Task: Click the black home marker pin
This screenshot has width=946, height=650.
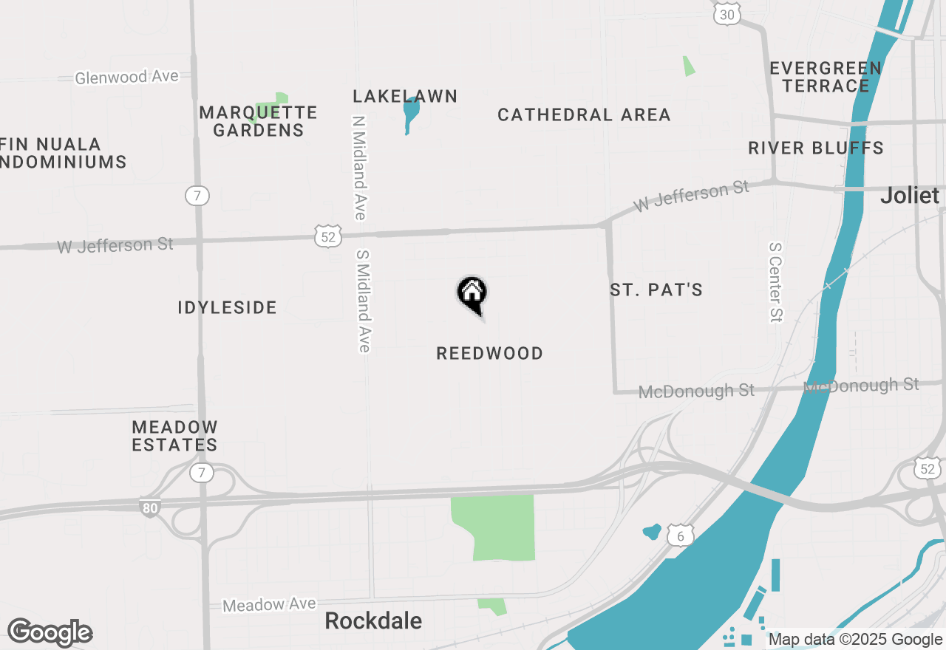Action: pyautogui.click(x=472, y=293)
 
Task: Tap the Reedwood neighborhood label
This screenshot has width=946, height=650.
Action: pyautogui.click(x=489, y=354)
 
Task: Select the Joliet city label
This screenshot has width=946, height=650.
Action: pyautogui.click(x=909, y=196)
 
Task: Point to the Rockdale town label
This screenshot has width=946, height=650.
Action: pyautogui.click(x=373, y=621)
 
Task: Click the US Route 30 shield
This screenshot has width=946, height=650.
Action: pyautogui.click(x=727, y=13)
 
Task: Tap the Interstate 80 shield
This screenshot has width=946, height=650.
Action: pyautogui.click(x=149, y=507)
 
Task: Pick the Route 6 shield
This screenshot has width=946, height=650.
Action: pyautogui.click(x=680, y=536)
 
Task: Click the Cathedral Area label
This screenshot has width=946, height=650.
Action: pyautogui.click(x=584, y=115)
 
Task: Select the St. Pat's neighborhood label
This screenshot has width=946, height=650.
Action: pyautogui.click(x=656, y=290)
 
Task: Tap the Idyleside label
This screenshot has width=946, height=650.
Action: pyautogui.click(x=227, y=308)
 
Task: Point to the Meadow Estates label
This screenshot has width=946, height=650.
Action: pyautogui.click(x=174, y=436)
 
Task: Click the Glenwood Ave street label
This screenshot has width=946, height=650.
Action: pyautogui.click(x=127, y=77)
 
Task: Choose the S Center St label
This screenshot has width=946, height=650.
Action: pyautogui.click(x=775, y=282)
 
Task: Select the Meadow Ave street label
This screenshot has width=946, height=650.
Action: pyautogui.click(x=269, y=605)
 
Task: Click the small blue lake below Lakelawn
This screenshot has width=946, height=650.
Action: pyautogui.click(x=411, y=112)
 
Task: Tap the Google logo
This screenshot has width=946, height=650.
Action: pyautogui.click(x=50, y=633)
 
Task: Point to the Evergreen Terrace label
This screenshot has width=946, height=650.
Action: pyautogui.click(x=826, y=77)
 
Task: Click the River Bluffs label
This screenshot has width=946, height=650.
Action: pyautogui.click(x=816, y=148)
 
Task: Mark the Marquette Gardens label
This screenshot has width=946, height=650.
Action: pyautogui.click(x=258, y=121)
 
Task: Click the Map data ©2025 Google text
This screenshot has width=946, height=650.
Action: pyautogui.click(x=855, y=640)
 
